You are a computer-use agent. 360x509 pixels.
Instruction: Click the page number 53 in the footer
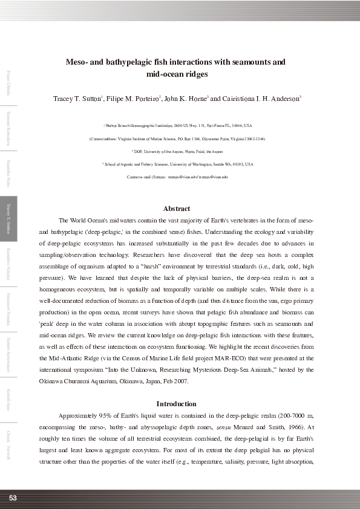click(12, 498)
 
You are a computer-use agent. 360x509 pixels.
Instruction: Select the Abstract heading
click(177, 209)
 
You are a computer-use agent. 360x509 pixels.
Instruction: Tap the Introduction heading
click(176, 404)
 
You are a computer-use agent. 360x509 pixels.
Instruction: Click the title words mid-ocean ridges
click(177, 74)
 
